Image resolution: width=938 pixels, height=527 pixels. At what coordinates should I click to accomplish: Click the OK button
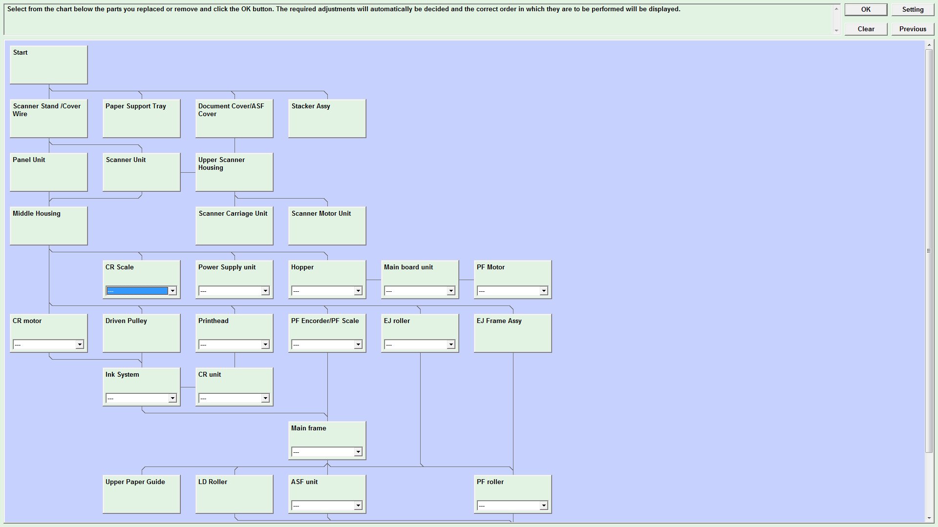(x=866, y=10)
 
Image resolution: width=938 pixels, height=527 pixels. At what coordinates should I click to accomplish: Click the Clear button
(x=866, y=29)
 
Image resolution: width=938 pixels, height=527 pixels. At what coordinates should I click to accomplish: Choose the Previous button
(x=913, y=29)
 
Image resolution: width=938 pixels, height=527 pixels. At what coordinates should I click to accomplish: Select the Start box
(x=49, y=65)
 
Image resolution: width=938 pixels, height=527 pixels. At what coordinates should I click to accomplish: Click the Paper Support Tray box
(x=142, y=119)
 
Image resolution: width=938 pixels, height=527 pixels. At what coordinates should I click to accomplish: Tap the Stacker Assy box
(x=327, y=119)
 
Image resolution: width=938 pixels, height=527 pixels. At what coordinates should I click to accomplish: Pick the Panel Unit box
(x=49, y=172)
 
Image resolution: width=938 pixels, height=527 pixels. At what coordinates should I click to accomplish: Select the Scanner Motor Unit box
(x=327, y=226)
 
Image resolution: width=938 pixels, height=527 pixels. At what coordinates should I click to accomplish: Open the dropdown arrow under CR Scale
(x=172, y=291)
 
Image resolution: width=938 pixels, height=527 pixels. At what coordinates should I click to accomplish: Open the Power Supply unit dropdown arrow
(x=265, y=291)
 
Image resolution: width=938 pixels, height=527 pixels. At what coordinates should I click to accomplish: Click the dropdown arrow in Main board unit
(x=451, y=291)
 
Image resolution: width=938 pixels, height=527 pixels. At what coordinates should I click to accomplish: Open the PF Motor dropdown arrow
(x=544, y=291)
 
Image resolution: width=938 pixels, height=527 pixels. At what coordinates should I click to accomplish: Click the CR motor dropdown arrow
(x=80, y=345)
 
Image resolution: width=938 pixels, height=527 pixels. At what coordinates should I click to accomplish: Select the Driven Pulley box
(x=142, y=333)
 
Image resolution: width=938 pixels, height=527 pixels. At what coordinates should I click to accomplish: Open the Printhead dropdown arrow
(x=265, y=345)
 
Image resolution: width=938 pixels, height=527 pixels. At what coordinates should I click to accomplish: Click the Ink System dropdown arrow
(x=172, y=398)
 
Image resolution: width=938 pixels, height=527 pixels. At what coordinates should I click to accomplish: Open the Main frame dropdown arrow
(x=358, y=452)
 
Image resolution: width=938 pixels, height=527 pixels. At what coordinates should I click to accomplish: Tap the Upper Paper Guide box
(x=142, y=494)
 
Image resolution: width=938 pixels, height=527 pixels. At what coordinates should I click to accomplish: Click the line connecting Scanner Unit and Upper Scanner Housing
(x=188, y=172)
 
